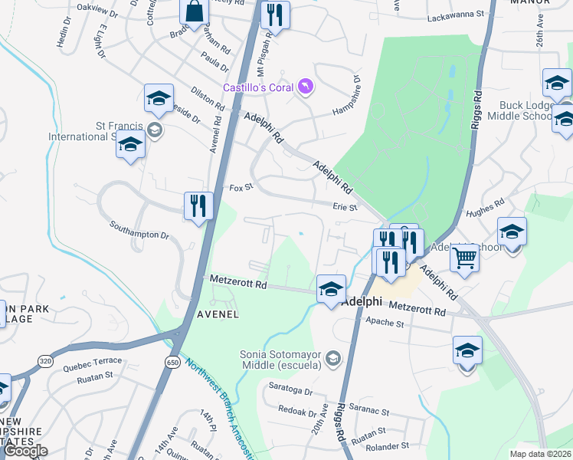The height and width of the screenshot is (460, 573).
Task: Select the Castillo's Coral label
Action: tap(259, 87)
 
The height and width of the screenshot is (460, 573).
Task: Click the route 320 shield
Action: tap(46, 360)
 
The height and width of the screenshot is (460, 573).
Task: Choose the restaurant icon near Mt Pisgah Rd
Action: tap(274, 15)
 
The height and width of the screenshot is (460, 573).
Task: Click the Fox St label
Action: tap(241, 188)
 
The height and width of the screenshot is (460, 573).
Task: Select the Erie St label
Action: tap(345, 207)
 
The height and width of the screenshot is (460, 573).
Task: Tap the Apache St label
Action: tap(385, 324)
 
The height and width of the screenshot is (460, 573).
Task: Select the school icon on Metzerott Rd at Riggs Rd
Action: tap(331, 288)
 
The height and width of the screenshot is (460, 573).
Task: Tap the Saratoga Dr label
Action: tap(287, 391)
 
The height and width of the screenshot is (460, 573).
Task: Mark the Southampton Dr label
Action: tap(139, 230)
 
